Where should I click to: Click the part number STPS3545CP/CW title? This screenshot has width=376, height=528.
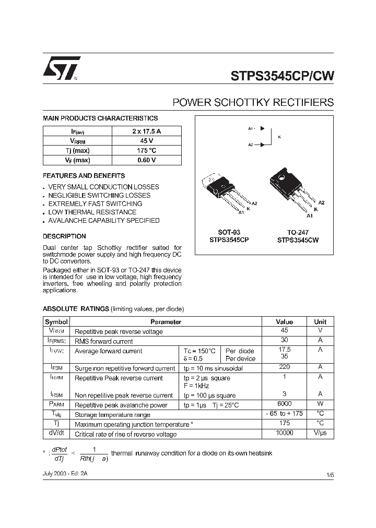[283, 76]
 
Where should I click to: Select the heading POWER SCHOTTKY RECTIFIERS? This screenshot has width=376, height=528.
[253, 102]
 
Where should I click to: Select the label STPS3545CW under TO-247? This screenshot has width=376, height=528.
[298, 241]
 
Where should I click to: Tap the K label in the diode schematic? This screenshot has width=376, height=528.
[279, 137]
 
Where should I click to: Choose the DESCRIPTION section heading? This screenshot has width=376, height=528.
[64, 236]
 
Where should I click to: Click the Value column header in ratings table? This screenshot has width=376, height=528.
[284, 322]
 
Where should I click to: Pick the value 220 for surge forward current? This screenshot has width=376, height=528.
[284, 368]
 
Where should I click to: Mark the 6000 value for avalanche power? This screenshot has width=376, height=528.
[284, 404]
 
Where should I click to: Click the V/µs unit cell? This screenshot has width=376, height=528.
[320, 434]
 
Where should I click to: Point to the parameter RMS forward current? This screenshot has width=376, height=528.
[103, 341]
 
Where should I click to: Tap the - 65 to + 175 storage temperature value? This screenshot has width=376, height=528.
[284, 414]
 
